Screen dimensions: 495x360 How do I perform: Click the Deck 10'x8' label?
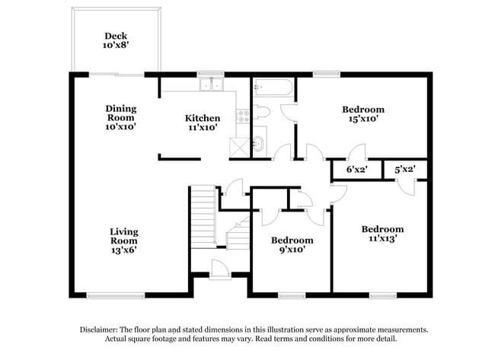coord(116,40)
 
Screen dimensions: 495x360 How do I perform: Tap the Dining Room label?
coord(121,118)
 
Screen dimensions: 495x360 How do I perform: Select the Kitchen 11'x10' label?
coord(203,123)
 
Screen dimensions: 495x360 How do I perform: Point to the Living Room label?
coord(123,241)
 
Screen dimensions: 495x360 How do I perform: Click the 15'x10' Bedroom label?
coord(363,114)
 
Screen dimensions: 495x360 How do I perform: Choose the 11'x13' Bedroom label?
coord(382,234)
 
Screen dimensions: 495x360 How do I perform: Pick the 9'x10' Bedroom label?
coord(292,245)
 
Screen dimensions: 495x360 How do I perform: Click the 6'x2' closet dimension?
coord(357,170)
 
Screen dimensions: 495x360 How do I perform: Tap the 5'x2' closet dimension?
coord(404,170)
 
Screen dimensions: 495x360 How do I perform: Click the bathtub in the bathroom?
coord(273,87)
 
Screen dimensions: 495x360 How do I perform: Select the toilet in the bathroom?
coord(261,113)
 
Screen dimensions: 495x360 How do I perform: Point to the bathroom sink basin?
coord(259,144)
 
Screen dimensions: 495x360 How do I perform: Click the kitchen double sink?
coord(211,84)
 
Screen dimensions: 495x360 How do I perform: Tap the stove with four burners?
coord(243,116)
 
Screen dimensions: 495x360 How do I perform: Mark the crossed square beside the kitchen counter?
coord(239,147)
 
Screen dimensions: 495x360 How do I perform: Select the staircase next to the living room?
coord(204,216)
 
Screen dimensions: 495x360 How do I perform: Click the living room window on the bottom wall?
coord(116,295)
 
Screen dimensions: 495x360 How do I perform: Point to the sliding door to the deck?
coord(117,75)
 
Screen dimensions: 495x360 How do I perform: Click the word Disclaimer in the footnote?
coord(98,330)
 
